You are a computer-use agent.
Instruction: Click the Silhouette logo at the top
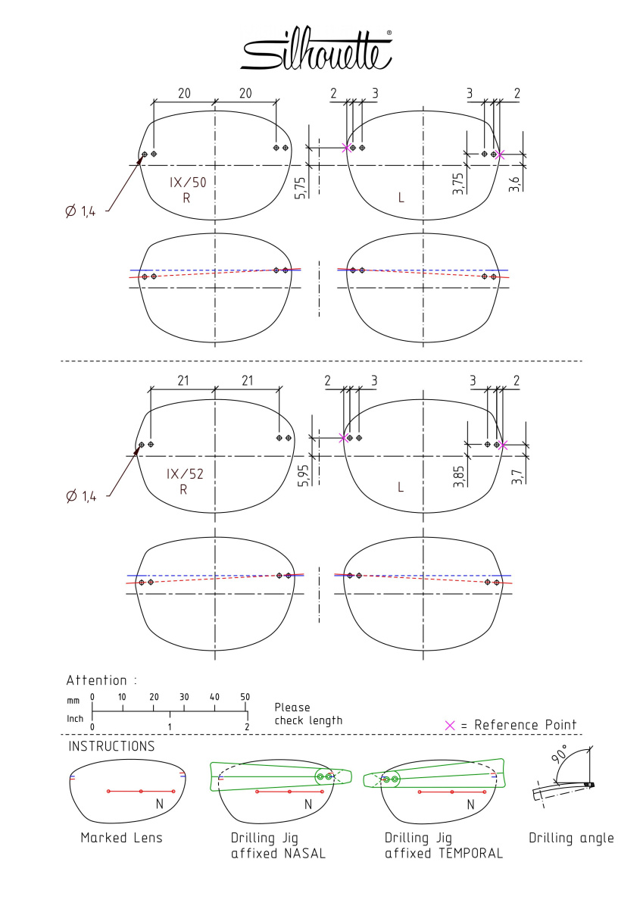coord(317,48)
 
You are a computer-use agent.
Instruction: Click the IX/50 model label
coord(189,183)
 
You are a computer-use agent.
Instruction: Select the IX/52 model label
coord(185,474)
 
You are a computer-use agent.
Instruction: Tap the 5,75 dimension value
coord(301,188)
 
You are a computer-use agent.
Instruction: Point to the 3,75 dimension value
coord(458,184)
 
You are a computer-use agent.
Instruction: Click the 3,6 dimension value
coord(514,184)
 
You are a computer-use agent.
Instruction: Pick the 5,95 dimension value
coord(303,475)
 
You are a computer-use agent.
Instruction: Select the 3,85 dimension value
coord(459,476)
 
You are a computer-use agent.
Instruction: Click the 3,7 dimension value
coord(517,476)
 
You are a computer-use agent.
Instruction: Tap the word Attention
coord(96,680)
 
